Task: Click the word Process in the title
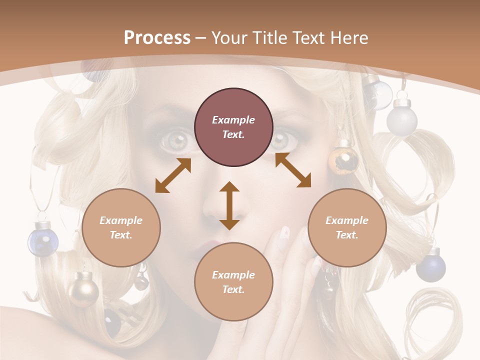click(157, 37)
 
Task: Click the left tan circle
click(121, 227)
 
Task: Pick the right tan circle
click(347, 227)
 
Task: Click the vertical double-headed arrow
click(229, 206)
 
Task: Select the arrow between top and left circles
click(173, 175)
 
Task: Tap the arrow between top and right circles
click(293, 170)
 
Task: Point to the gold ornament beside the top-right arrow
click(343, 158)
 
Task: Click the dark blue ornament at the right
click(430, 267)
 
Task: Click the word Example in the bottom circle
click(233, 275)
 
